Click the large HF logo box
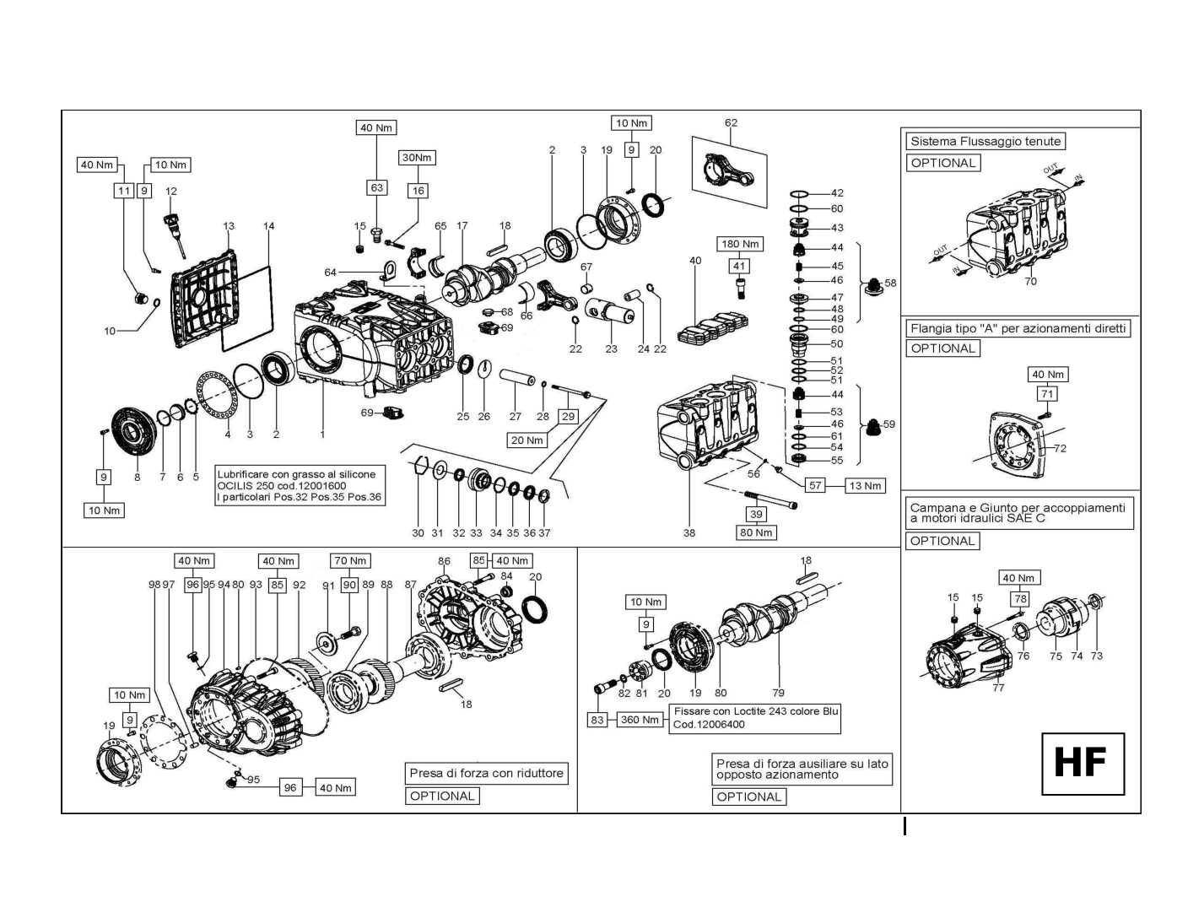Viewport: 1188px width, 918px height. click(x=1083, y=763)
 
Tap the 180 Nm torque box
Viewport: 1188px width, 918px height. click(x=739, y=244)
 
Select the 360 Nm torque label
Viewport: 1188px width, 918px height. click(x=640, y=720)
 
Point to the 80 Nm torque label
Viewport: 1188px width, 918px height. click(x=756, y=532)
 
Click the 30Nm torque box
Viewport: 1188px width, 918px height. click(x=417, y=158)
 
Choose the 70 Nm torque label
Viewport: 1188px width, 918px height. click(x=350, y=560)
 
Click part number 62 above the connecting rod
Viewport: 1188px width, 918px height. click(x=731, y=123)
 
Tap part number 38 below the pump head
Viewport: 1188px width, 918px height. click(x=689, y=533)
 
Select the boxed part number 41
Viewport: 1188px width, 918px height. click(x=739, y=266)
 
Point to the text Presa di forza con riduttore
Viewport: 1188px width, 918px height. click(x=486, y=773)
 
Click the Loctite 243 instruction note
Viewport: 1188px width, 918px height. click(x=756, y=717)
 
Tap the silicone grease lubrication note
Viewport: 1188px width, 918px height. click(x=299, y=485)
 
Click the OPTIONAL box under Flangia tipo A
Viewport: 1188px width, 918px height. click(x=943, y=348)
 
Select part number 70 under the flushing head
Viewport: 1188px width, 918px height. click(x=1030, y=281)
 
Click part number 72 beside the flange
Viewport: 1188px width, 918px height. click(x=1061, y=448)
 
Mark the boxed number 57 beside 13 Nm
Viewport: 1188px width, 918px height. click(x=815, y=485)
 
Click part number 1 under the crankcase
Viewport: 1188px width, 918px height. click(x=321, y=435)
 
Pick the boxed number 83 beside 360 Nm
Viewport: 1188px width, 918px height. click(x=597, y=720)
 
